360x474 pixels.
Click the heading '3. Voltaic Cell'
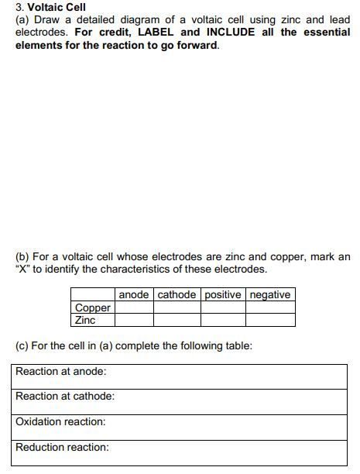[x=50, y=8]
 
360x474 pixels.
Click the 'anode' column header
[x=134, y=294]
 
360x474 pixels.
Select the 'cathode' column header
[x=177, y=294]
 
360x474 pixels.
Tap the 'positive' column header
[x=224, y=294]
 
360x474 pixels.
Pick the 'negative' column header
[x=270, y=294]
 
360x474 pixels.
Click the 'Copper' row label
[x=93, y=307]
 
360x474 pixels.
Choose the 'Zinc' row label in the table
[x=85, y=319]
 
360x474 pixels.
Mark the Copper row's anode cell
[x=134, y=307]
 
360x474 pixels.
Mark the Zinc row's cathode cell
[x=177, y=319]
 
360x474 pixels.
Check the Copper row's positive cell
[x=224, y=307]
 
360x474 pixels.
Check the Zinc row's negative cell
[x=270, y=319]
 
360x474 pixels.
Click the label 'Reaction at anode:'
[x=61, y=371]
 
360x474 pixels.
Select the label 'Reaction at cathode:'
[x=65, y=396]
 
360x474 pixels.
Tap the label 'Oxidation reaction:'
[x=61, y=421]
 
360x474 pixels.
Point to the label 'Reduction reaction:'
[x=63, y=447]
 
